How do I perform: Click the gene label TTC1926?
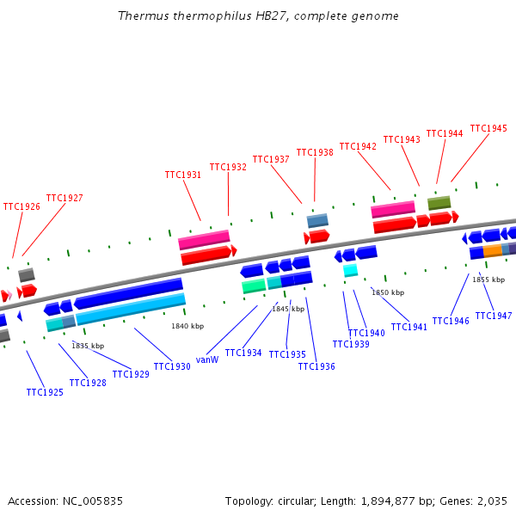pyautogui.click(x=21, y=206)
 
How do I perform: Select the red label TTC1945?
pyautogui.click(x=488, y=128)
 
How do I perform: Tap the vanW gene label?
pyautogui.click(x=207, y=359)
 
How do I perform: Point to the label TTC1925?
pyautogui.click(x=45, y=392)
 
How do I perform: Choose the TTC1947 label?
pyautogui.click(x=493, y=316)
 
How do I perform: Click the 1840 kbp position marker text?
pyautogui.click(x=187, y=326)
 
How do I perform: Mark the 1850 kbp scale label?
pyautogui.click(x=388, y=292)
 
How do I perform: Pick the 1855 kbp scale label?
pyautogui.click(x=488, y=279)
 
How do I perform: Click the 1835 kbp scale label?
pyautogui.click(x=88, y=346)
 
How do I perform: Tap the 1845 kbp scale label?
pyautogui.click(x=288, y=309)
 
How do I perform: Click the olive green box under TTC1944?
pyautogui.click(x=439, y=203)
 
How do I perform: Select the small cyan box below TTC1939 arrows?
pyautogui.click(x=350, y=270)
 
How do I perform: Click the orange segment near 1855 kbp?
pyautogui.click(x=492, y=250)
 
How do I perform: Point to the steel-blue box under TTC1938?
pyautogui.click(x=317, y=220)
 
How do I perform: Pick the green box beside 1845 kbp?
pyautogui.click(x=254, y=286)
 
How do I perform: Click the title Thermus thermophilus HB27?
pyautogui.click(x=258, y=16)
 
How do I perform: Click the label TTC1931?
pyautogui.click(x=183, y=175)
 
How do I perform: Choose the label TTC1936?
pyautogui.click(x=316, y=366)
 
